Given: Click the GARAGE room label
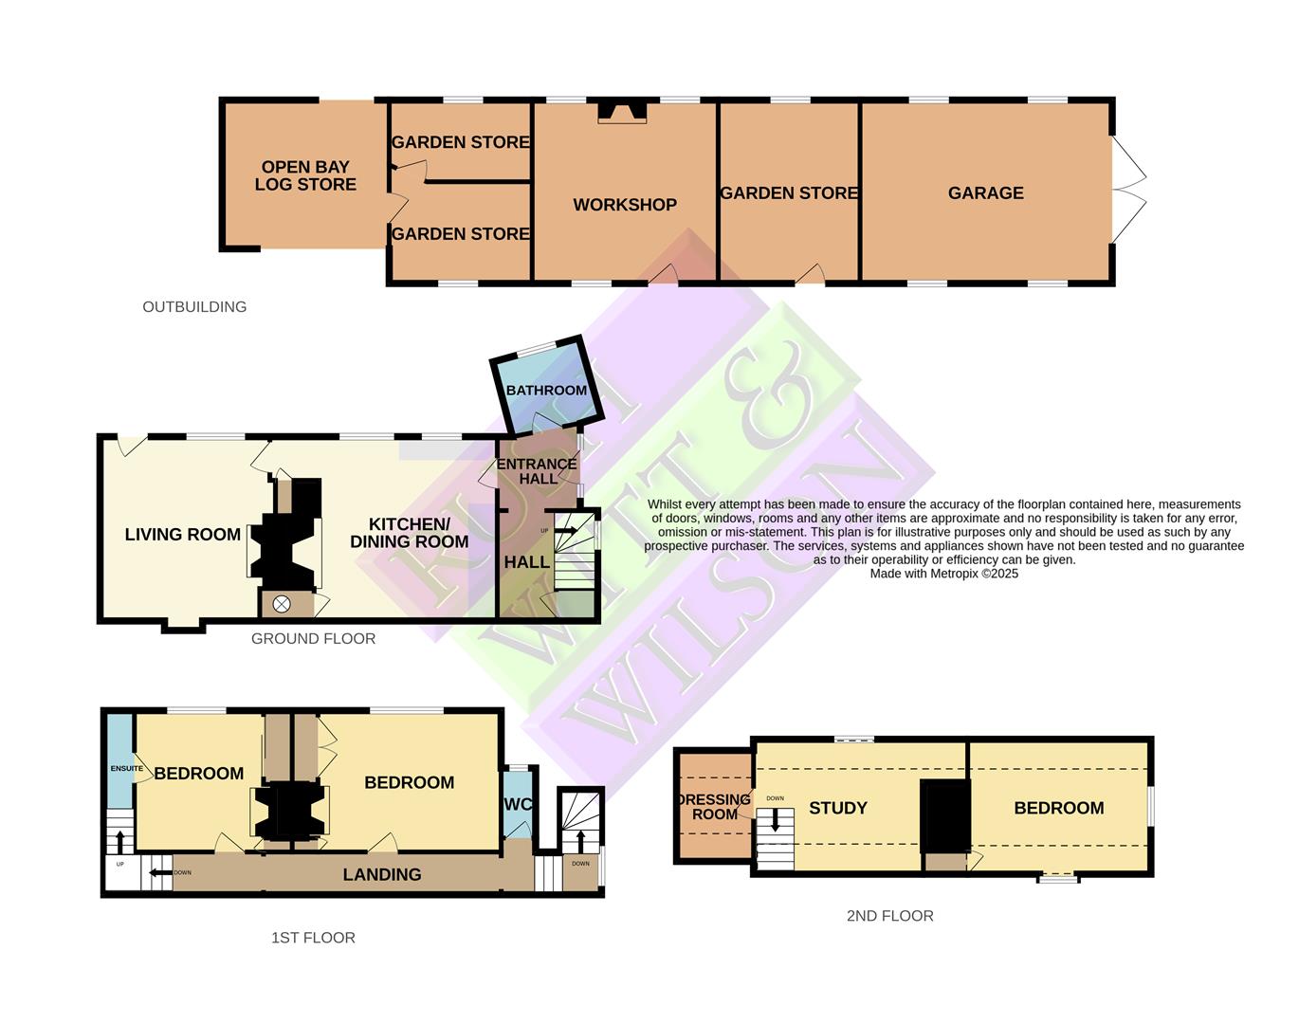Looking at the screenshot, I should pos(985,193).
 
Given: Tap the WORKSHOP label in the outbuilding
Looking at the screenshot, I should pos(625,205).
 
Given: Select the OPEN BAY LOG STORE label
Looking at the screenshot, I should pos(305,176).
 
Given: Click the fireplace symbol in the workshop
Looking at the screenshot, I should pos(622,113).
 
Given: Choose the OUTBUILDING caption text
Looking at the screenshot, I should pos(194,307).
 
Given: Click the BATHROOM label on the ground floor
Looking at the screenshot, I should pos(546,391).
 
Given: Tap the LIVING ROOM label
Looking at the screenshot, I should pos(183,535).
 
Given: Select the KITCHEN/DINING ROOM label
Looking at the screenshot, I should pos(409,533).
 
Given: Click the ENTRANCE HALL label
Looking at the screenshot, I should pos(537,471).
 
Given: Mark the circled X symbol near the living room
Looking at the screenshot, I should pos(282,604).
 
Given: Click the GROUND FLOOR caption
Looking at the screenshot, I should pos(313,639).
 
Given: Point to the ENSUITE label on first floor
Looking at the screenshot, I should pos(126,769).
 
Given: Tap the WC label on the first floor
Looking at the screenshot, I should pos(518,805).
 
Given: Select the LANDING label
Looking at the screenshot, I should pos(382,874).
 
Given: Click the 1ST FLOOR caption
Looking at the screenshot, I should pos(313,938).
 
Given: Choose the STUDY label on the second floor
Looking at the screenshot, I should pos(837,808).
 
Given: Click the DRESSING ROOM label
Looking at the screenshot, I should pos(716,807).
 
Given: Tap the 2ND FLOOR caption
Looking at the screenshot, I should pos(889,916).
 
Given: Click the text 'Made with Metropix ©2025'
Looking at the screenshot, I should pos(943,574).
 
